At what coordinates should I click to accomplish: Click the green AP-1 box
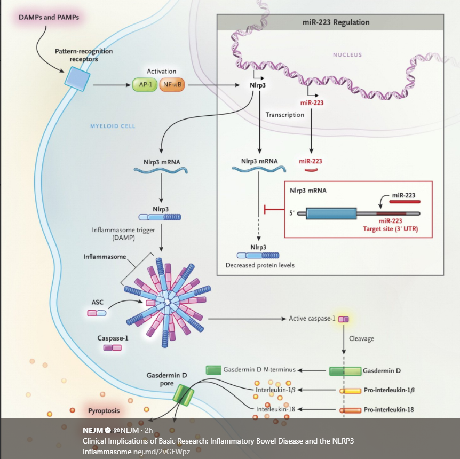[144, 85]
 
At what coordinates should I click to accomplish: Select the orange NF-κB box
[171, 85]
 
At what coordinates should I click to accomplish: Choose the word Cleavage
[361, 338]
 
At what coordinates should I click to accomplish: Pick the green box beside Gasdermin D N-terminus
[213, 370]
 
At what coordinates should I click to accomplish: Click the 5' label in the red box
[291, 213]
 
